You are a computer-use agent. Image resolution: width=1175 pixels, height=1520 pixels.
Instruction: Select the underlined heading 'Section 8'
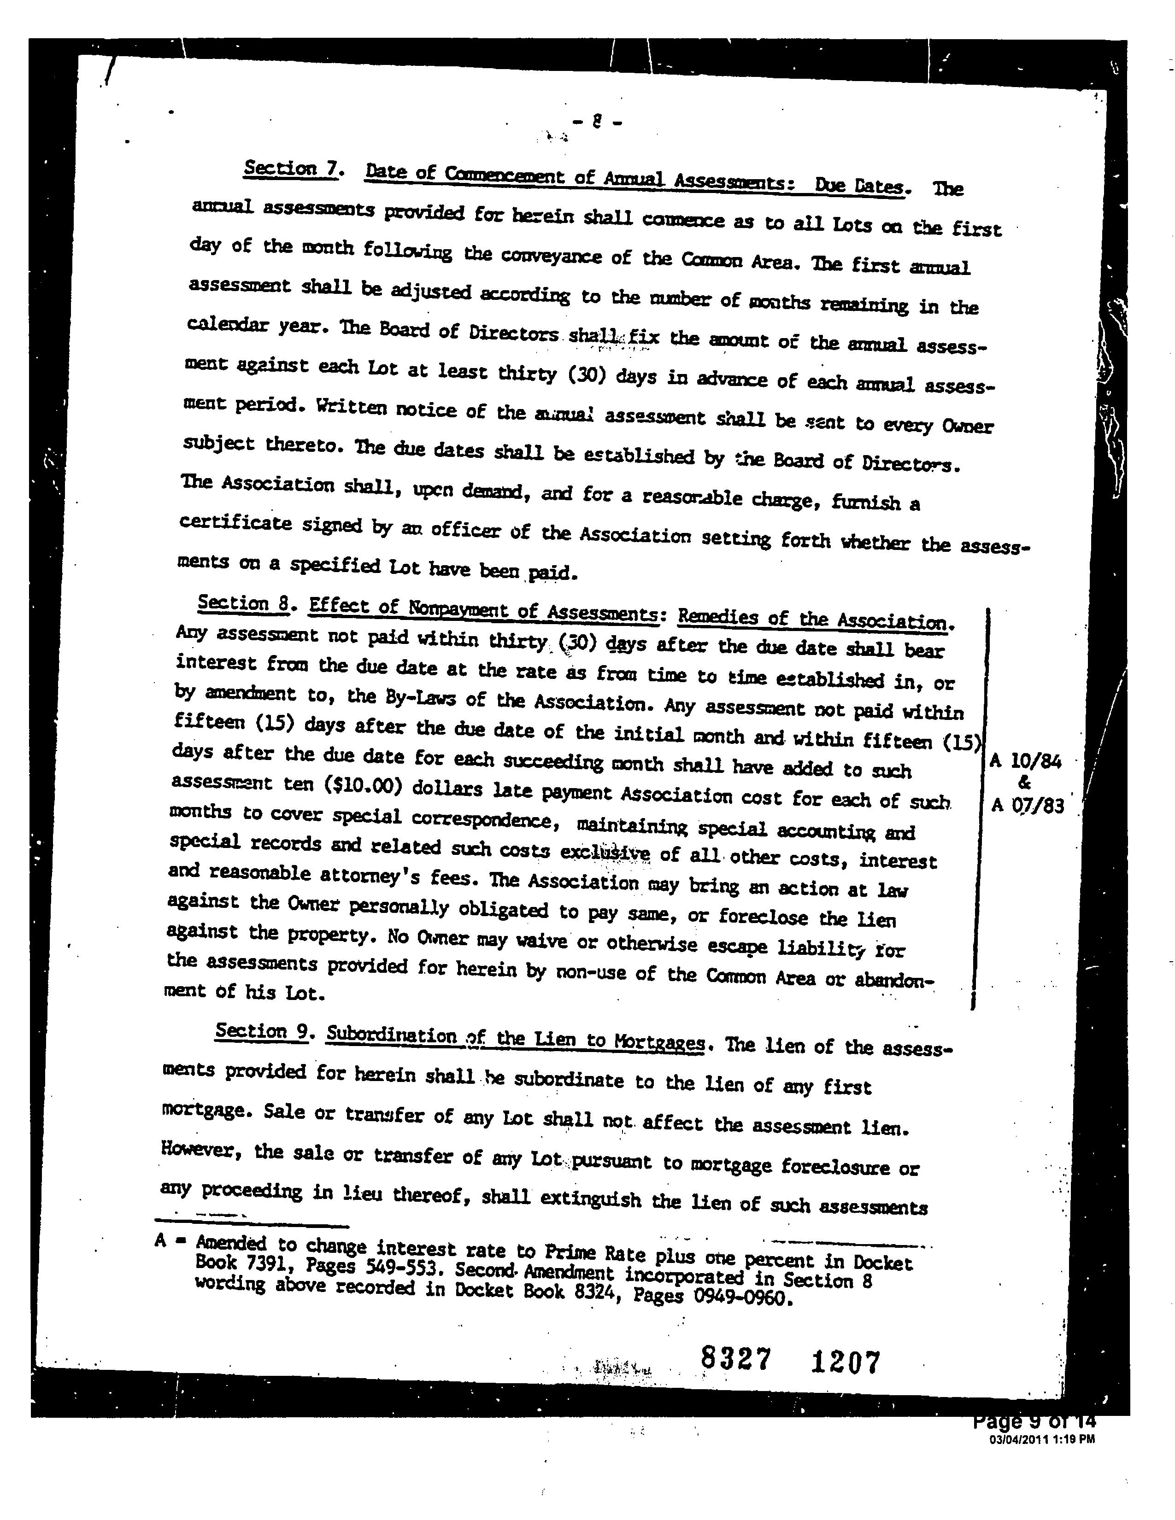point(243,603)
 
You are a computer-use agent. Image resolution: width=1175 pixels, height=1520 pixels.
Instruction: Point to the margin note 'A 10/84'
point(1025,761)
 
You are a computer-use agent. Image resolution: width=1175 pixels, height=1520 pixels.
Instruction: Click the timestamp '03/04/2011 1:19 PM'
point(1041,1440)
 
